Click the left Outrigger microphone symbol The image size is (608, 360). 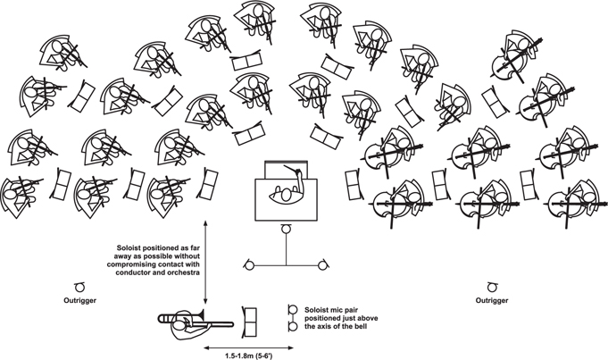coord(79,288)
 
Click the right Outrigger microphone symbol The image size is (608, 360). coord(492,288)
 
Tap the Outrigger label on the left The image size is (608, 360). coord(79,300)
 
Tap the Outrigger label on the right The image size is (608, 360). coord(492,300)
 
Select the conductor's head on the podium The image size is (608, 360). coord(287,195)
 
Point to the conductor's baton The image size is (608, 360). coord(292,169)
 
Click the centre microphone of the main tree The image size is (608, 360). coord(287,229)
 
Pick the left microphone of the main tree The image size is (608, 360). coord(249,265)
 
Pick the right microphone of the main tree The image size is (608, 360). coord(322,265)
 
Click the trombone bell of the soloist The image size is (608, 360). coord(201,315)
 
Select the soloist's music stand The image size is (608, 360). coord(249,322)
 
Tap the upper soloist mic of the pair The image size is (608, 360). coord(293,310)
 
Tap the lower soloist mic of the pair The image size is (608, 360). coord(293,327)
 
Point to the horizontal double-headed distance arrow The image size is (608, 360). coord(248,347)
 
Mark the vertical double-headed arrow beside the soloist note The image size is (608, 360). coord(205,262)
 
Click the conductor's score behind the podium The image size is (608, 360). coord(287,170)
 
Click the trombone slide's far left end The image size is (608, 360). coord(160,319)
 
